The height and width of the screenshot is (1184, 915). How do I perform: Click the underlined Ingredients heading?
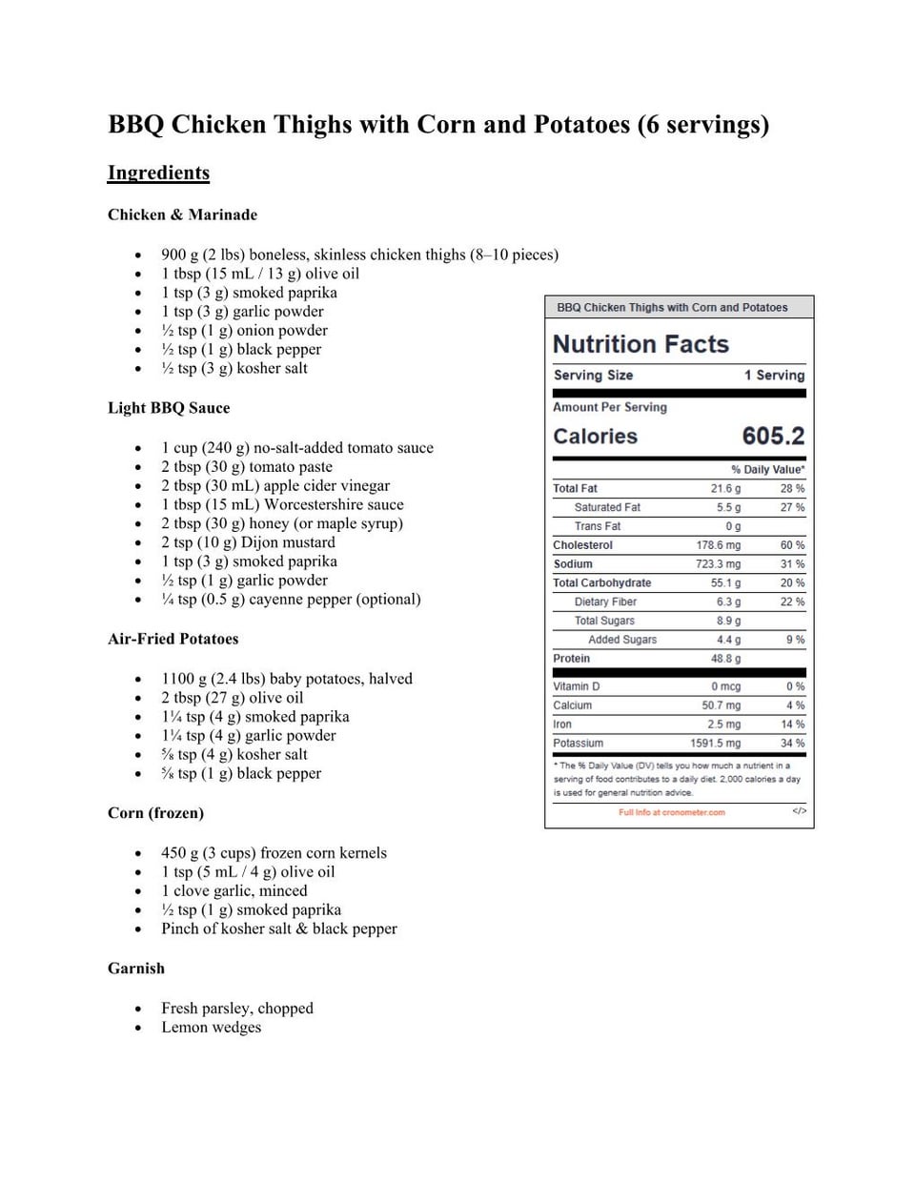tap(158, 173)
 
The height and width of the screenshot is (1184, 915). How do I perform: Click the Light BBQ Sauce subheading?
tap(169, 408)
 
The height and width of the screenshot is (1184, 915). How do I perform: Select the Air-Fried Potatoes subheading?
tap(173, 639)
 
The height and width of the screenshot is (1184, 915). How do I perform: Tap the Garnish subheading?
tap(136, 969)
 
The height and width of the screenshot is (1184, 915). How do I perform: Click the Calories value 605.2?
tap(773, 437)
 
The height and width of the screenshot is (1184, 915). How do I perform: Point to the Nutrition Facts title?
tap(640, 344)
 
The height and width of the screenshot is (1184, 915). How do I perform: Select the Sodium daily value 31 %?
tap(792, 564)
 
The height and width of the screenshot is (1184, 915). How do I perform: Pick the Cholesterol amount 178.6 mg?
tap(718, 545)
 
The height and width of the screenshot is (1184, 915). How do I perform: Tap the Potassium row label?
tap(578, 744)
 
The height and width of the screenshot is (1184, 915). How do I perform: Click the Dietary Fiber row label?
tap(605, 602)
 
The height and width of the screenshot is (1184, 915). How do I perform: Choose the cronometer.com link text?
tap(672, 812)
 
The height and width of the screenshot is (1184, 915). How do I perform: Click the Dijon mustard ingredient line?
tap(248, 542)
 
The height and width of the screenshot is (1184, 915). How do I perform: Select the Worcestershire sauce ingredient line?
tap(282, 504)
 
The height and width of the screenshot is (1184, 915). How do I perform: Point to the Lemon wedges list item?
tap(211, 1028)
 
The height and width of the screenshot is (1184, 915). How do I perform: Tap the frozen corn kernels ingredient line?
tap(274, 853)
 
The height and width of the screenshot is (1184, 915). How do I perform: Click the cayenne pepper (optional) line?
tap(291, 600)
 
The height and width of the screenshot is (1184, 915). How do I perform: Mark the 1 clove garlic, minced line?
tap(234, 891)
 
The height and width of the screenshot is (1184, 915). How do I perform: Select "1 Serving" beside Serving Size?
tap(774, 376)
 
